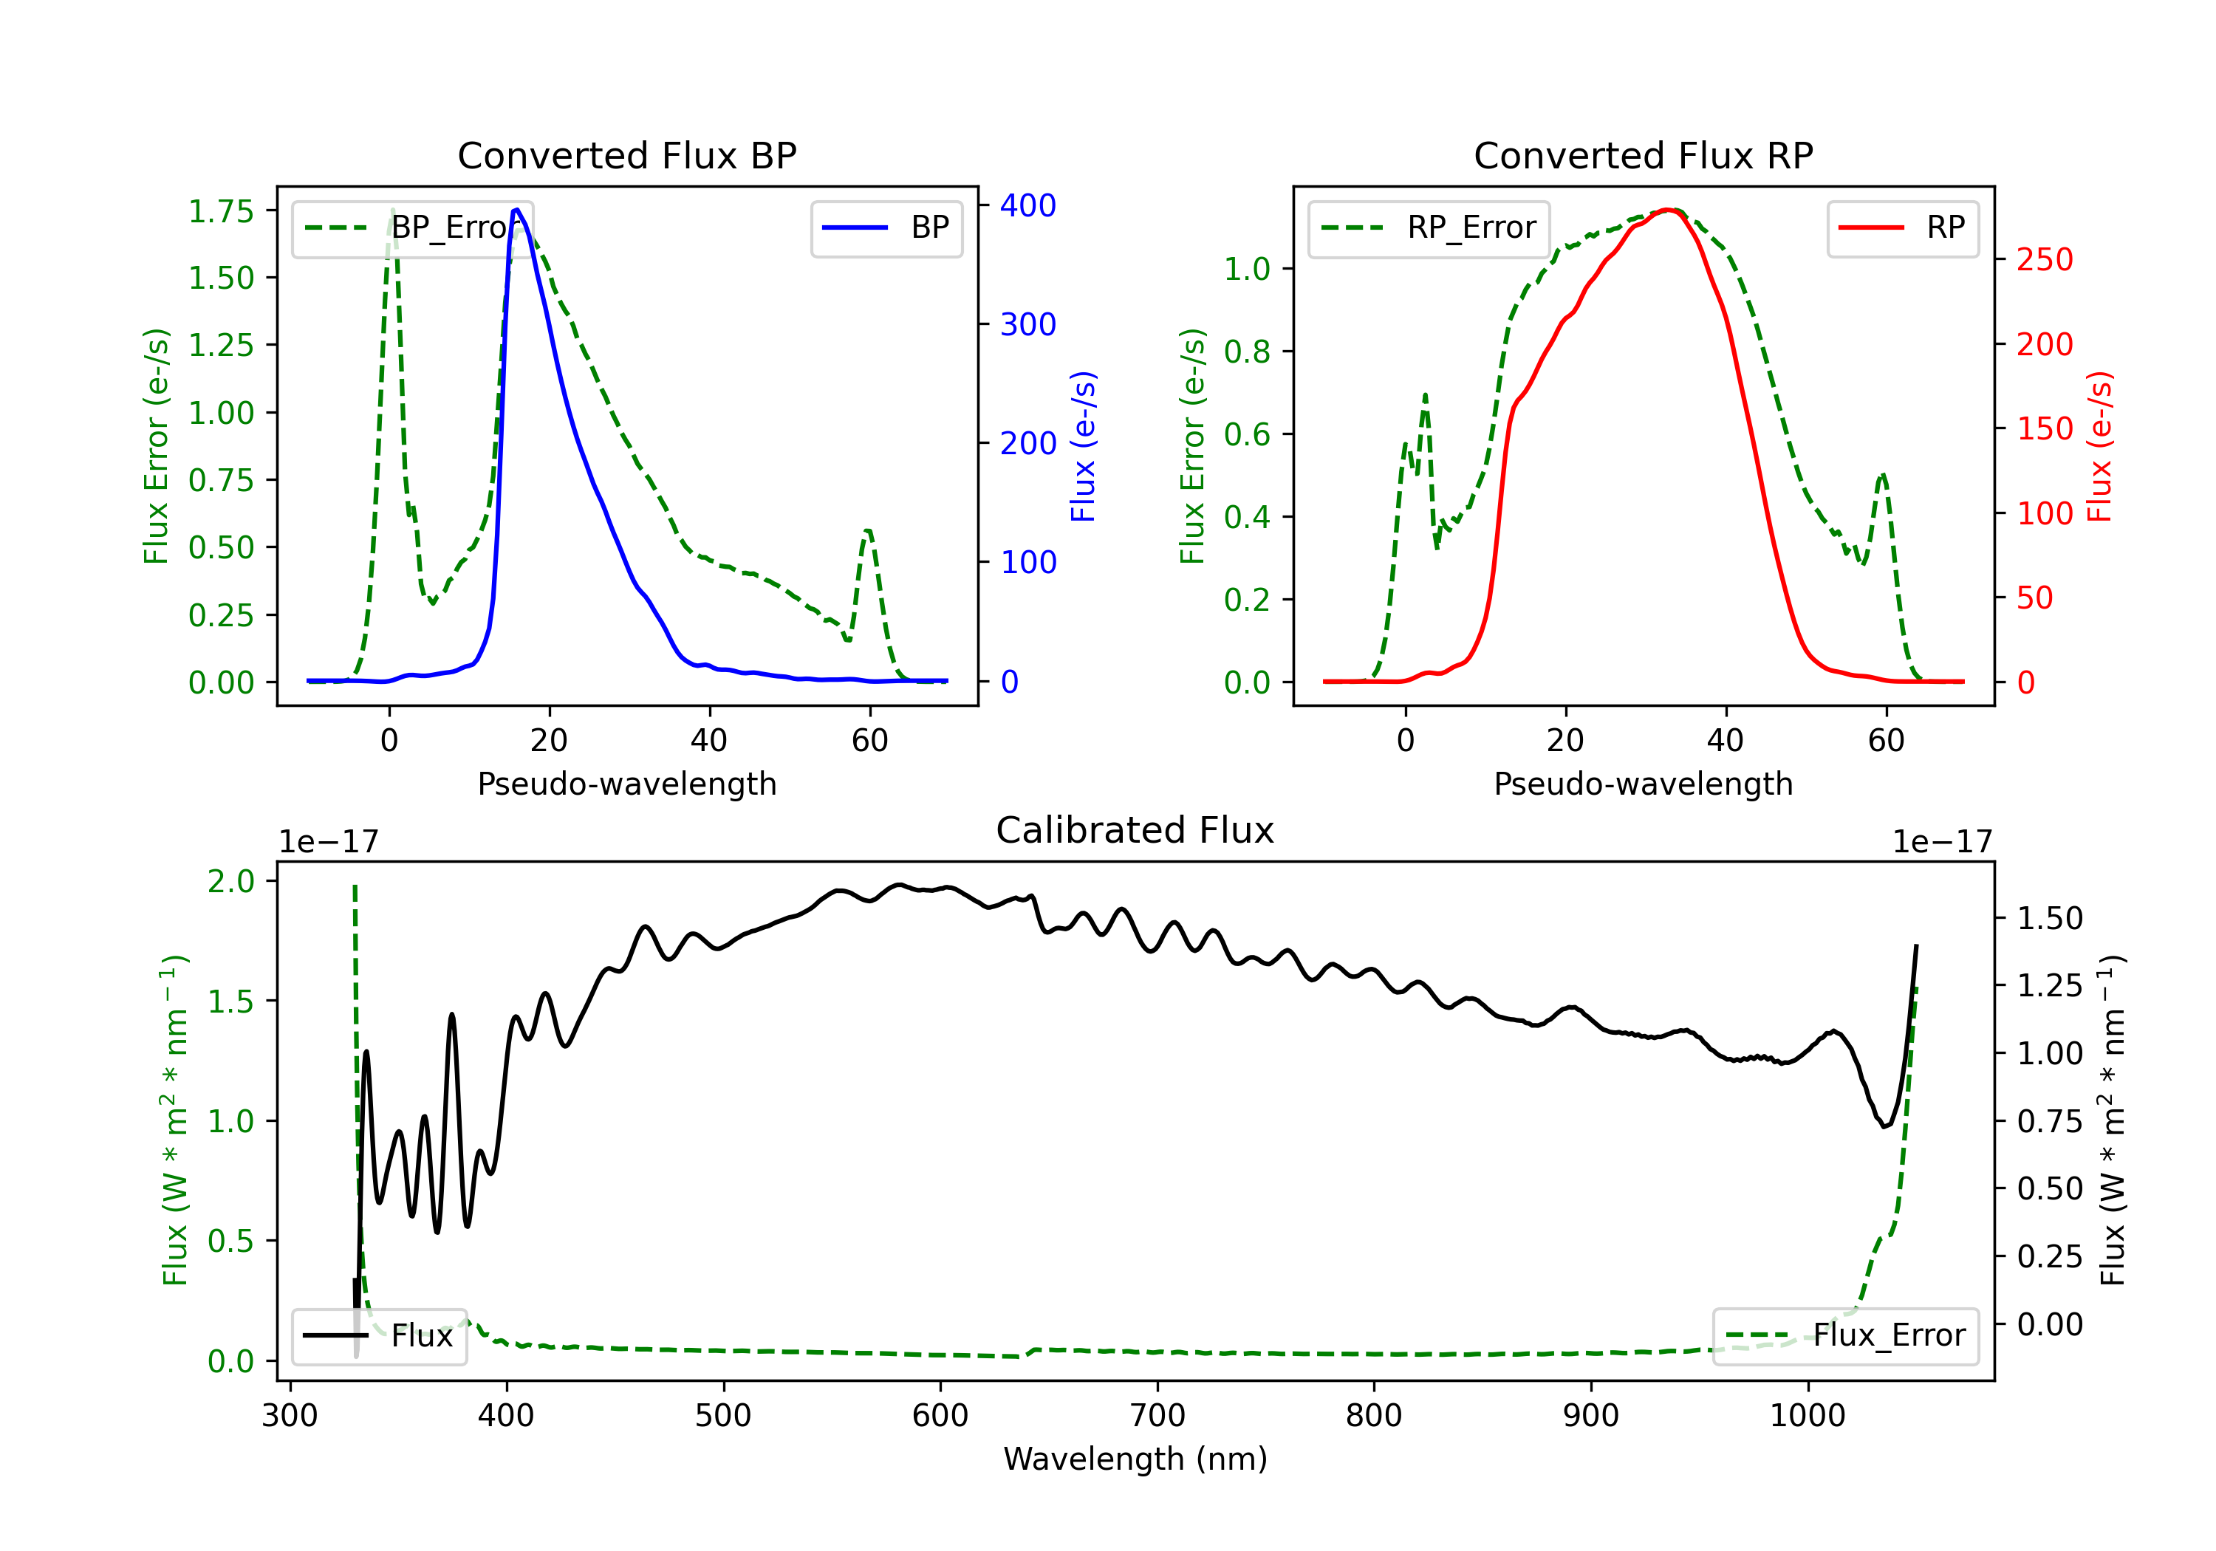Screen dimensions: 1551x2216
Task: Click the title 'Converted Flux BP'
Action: click(626, 155)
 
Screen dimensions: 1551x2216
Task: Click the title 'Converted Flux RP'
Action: click(1643, 155)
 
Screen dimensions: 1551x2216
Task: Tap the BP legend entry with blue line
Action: click(887, 227)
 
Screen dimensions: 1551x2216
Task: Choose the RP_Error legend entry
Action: click(1429, 227)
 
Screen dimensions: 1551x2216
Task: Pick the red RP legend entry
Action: click(1902, 227)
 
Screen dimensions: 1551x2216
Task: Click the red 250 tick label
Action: click(2044, 260)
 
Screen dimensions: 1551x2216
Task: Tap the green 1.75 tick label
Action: click(220, 211)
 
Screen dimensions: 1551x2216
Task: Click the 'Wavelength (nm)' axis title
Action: click(1135, 1459)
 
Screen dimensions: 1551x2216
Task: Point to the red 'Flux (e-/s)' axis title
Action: click(2099, 446)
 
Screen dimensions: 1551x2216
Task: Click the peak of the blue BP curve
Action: click(517, 210)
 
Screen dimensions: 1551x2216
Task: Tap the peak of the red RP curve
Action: click(1668, 210)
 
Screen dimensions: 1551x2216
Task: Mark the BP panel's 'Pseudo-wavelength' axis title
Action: click(626, 784)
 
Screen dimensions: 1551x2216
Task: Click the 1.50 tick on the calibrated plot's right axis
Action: click(2049, 918)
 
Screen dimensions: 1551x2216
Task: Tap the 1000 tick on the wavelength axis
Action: click(1807, 1415)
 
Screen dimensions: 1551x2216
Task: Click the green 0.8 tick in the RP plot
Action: click(1246, 352)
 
